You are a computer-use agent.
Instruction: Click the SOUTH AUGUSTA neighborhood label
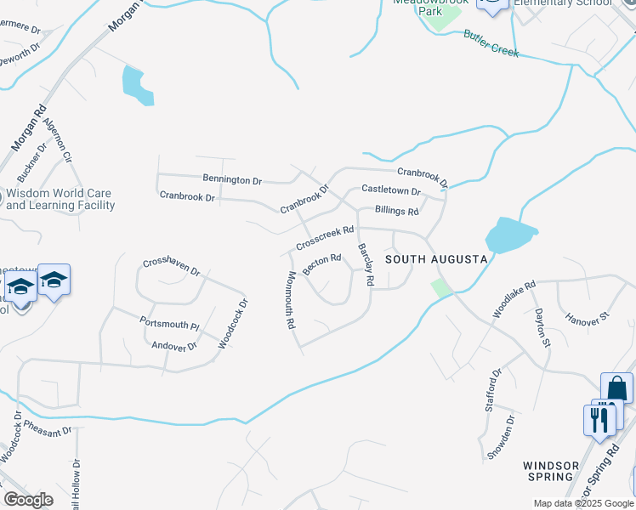coord(436,258)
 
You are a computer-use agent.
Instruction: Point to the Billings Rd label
coord(396,211)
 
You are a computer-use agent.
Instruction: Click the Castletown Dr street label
coord(391,190)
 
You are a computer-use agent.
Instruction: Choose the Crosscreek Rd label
coord(325,237)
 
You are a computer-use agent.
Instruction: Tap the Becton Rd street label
coord(322,263)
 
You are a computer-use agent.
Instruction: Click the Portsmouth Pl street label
coord(169,323)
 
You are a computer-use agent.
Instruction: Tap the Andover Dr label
coord(173,346)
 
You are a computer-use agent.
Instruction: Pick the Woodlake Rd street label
coord(514,300)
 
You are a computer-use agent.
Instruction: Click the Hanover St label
coord(588,317)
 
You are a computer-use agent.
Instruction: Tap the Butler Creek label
coord(491,43)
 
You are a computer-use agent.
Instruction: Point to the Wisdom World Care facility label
coord(60,199)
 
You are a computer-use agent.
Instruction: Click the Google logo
coord(28,500)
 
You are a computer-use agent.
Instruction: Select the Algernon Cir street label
coord(58,140)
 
